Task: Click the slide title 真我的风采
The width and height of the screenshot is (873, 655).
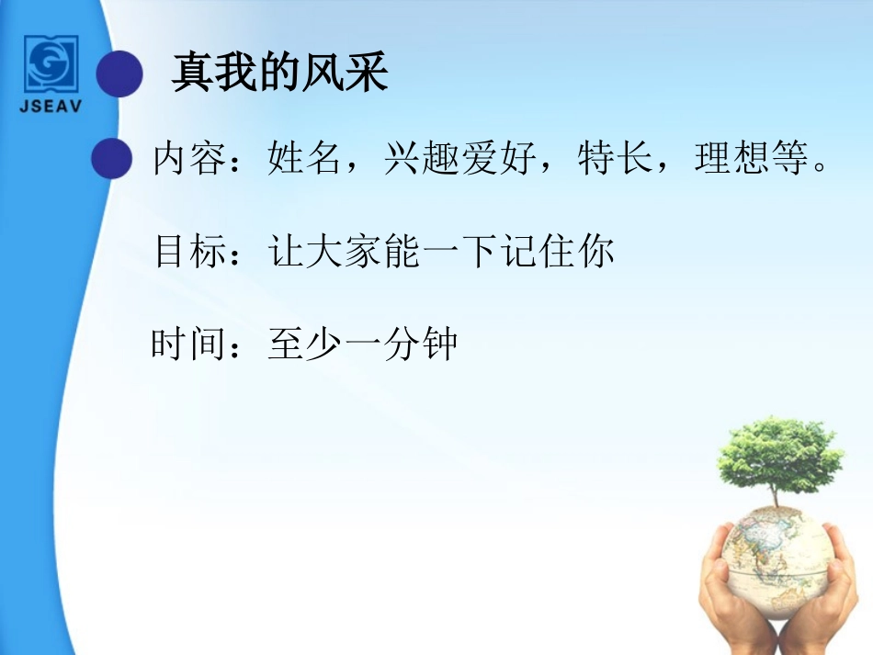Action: click(x=279, y=73)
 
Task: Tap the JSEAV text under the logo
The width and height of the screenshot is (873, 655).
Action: click(x=51, y=105)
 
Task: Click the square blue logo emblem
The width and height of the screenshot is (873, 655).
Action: click(x=51, y=63)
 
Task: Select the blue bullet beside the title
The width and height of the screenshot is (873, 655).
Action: click(x=120, y=73)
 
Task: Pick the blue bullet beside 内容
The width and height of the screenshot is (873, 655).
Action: click(x=113, y=158)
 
